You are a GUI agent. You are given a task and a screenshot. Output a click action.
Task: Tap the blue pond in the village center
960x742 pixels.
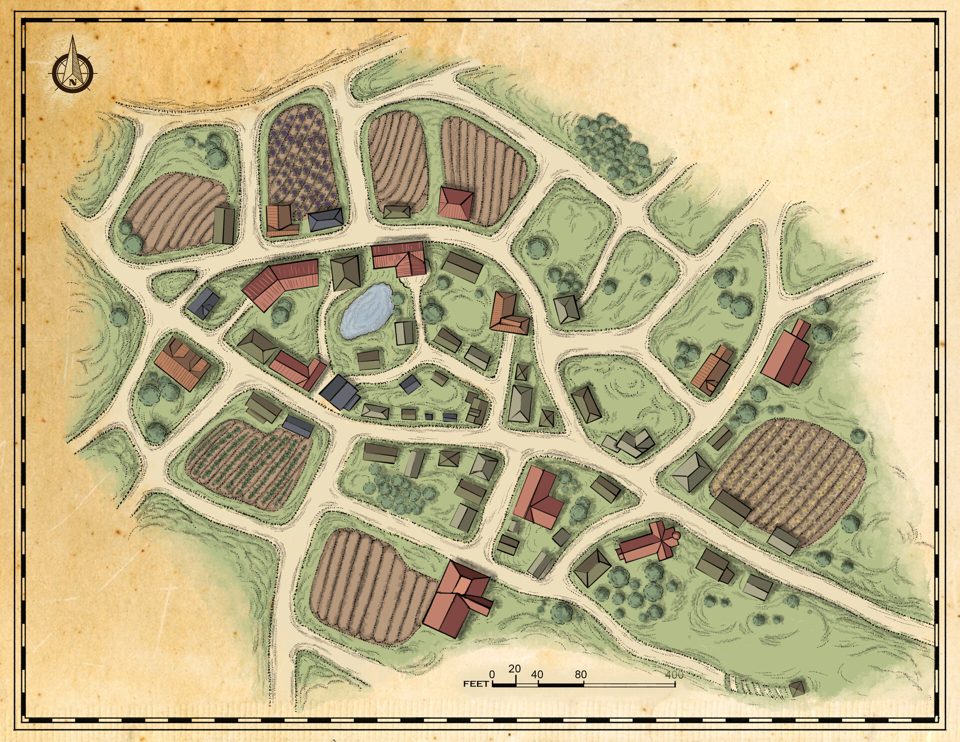point(366,311)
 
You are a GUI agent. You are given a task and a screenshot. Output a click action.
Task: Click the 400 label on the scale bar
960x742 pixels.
point(674,674)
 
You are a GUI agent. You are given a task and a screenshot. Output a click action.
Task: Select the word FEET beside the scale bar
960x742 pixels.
point(475,684)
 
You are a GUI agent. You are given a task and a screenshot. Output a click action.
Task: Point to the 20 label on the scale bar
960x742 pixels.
point(514,668)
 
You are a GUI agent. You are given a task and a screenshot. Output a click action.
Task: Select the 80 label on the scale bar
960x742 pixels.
point(580,674)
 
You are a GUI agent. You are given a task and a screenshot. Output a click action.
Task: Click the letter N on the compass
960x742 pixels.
point(73,82)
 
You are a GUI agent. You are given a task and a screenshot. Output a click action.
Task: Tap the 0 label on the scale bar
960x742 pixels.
point(492,674)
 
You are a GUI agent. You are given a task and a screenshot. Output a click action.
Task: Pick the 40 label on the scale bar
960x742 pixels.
point(537,674)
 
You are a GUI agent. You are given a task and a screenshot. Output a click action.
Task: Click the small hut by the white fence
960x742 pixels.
point(797,688)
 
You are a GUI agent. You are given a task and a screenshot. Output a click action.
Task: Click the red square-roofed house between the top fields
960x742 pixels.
point(455,203)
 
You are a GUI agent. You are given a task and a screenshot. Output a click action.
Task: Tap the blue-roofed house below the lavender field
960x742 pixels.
point(325,219)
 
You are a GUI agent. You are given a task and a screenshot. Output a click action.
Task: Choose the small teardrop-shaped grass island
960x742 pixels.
point(172,284)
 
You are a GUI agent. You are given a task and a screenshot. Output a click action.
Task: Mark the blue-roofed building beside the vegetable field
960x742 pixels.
point(297,426)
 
